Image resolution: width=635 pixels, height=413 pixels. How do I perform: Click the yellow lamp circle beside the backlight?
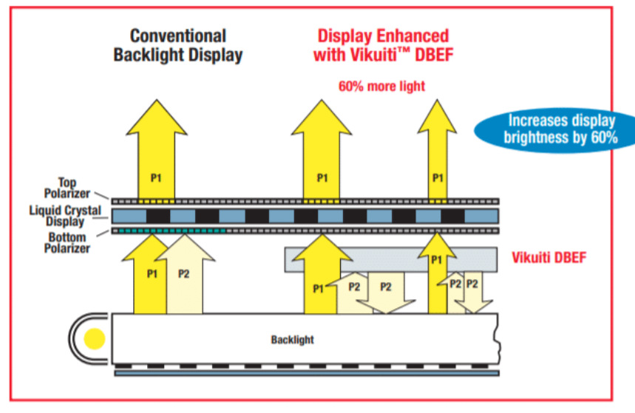[x=95, y=340]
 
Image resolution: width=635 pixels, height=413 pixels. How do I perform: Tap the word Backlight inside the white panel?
[x=292, y=340]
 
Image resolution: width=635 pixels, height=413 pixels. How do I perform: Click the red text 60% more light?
[x=381, y=86]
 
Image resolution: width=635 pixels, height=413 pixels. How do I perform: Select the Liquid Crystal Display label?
[x=70, y=216]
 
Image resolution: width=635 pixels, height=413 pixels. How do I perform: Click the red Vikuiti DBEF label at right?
[x=549, y=258]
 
